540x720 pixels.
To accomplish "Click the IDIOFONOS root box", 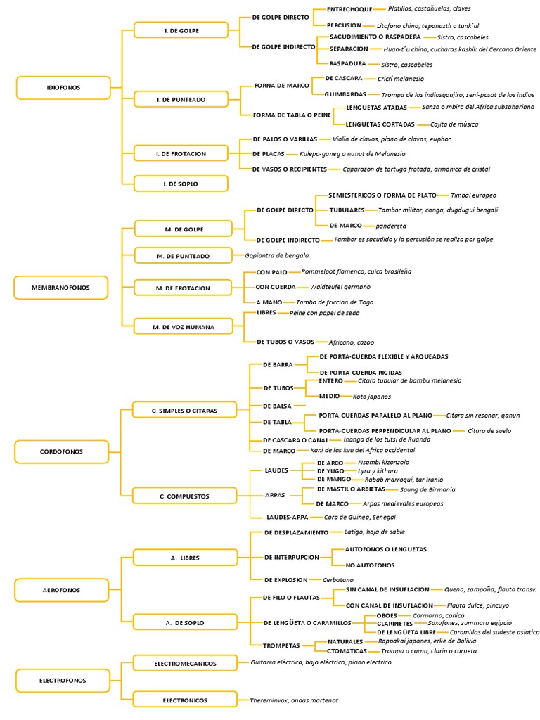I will [63, 87].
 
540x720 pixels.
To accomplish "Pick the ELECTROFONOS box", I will [63, 680].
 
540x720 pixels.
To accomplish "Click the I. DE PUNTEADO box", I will [181, 100].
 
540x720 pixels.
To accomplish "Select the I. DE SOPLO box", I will [181, 184].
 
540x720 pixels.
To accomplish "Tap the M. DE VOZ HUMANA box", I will [184, 326].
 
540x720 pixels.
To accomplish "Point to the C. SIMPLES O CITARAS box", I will [184, 410].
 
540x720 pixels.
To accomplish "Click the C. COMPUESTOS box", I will [184, 496].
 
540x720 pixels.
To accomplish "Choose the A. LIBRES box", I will [184, 558].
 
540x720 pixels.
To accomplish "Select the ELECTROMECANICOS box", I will [184, 662].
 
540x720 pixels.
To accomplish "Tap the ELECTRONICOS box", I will [184, 700].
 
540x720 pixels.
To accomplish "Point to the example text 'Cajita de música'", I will [454, 124].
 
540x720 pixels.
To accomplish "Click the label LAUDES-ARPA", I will [283, 517].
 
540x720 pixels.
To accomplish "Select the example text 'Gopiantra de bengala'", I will [276, 255].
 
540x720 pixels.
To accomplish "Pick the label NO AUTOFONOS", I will [370, 565].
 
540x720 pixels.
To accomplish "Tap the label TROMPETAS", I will [282, 645].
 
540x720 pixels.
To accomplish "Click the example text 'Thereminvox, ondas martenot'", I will [294, 700].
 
